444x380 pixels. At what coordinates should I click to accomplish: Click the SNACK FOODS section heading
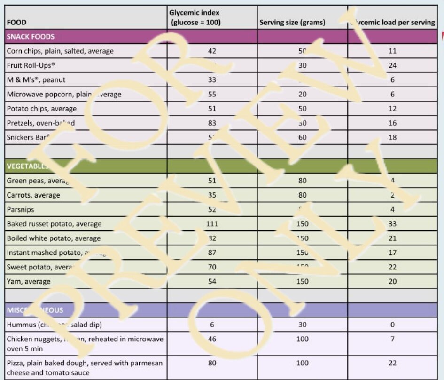(31, 37)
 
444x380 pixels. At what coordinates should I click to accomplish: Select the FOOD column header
(16, 22)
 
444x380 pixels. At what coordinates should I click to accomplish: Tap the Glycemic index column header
(195, 17)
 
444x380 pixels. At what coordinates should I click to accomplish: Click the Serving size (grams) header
(292, 22)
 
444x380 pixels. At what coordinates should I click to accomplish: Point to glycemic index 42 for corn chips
(212, 51)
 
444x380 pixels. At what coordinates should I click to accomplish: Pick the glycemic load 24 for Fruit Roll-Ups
(392, 65)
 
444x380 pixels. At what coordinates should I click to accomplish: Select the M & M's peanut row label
(36, 80)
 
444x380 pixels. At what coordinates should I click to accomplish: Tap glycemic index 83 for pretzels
(212, 123)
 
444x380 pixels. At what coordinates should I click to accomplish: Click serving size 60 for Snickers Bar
(302, 137)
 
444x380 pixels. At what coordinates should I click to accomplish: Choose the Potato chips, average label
(41, 109)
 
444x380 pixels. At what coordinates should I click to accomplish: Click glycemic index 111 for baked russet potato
(212, 224)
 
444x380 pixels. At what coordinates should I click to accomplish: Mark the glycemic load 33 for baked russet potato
(392, 224)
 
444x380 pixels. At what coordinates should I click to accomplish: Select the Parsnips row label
(21, 209)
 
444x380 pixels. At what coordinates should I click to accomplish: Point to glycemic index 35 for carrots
(212, 195)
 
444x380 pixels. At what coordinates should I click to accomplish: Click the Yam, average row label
(28, 281)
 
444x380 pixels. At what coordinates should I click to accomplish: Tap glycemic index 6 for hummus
(212, 325)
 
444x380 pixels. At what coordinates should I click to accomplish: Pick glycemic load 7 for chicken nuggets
(392, 339)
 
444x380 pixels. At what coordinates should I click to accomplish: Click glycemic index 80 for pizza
(212, 363)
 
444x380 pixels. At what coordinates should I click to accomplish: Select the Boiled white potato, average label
(54, 238)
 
